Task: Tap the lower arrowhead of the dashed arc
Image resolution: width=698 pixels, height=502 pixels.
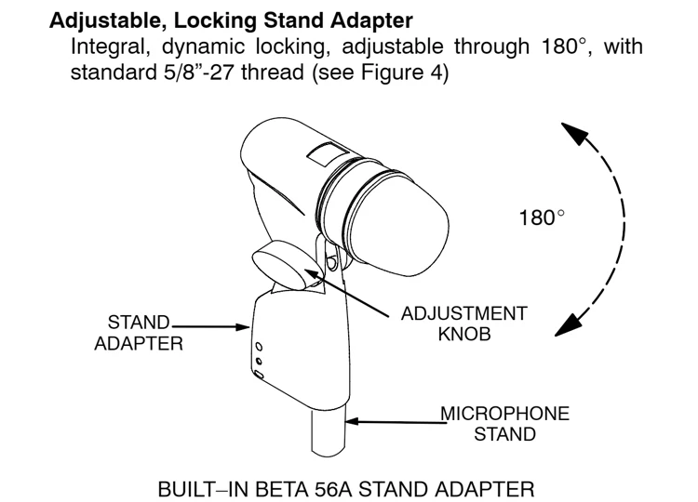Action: [x=563, y=324]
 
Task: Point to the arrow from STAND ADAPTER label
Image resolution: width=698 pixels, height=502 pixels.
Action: [x=209, y=326]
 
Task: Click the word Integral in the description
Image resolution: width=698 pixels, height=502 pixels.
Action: [x=106, y=46]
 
